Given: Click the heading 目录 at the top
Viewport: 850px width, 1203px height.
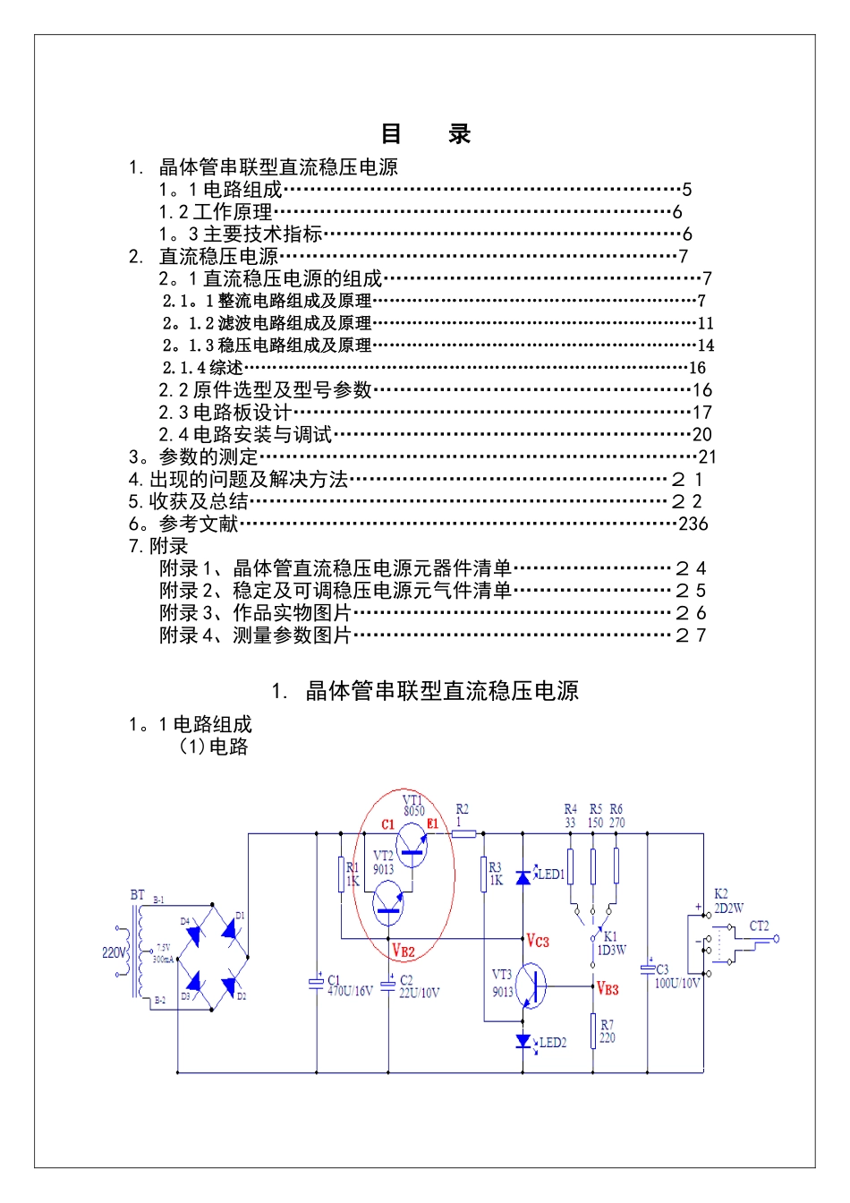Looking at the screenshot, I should coord(425,134).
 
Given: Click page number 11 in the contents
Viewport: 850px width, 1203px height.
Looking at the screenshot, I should coord(705,323).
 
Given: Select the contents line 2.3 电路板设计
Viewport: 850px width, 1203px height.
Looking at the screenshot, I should coord(225,413).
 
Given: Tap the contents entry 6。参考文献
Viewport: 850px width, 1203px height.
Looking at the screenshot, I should coord(183,525).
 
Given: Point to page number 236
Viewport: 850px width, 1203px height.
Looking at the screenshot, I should coord(693,525).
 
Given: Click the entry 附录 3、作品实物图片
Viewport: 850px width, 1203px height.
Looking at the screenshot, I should coord(255,613).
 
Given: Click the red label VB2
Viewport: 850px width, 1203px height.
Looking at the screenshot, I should coord(404,951).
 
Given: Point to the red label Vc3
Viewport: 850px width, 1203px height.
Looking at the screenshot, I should coord(537,941).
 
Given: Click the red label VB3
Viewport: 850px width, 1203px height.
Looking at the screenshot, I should coord(608,989).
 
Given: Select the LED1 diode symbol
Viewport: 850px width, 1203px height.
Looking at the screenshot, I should coord(523,876).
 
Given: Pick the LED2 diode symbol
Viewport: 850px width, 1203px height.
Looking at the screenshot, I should coord(523,1041).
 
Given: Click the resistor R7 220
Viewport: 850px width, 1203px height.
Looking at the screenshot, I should coord(592,1031).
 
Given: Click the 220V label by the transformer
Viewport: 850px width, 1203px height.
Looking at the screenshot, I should coord(114,952).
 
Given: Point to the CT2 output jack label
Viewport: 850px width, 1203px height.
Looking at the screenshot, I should coord(759,926).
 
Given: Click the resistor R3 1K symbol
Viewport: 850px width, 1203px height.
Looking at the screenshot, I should coord(484,874).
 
